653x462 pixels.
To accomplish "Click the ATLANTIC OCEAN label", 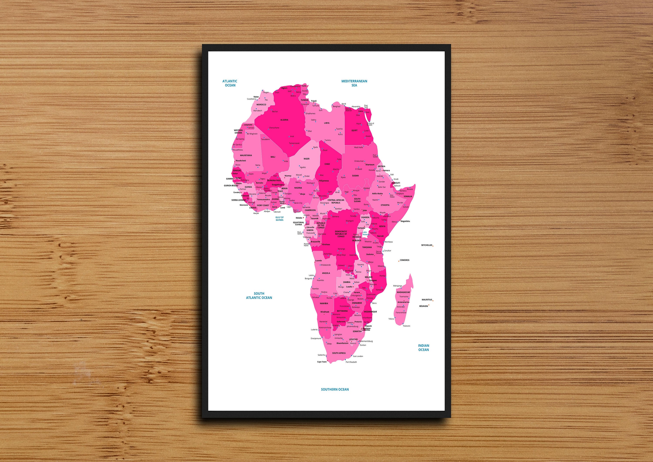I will tap(230, 83).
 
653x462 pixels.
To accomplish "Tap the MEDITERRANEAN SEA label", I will tap(354, 83).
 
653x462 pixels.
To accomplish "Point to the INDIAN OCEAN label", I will tap(424, 348).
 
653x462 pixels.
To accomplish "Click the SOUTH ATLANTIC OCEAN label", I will tap(259, 295).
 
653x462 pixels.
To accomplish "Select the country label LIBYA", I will tap(326, 123).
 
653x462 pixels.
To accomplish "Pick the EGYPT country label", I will tap(354, 130).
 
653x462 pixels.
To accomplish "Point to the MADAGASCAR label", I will tap(403, 292).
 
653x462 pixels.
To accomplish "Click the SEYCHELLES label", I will tap(427, 245).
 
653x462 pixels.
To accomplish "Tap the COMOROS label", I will tap(404, 260).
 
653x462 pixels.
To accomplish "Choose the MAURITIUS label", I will tap(427, 300).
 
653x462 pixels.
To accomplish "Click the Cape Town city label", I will tap(322, 362).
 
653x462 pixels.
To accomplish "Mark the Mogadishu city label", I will tap(405, 221).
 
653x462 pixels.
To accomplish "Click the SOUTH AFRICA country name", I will tap(339, 353).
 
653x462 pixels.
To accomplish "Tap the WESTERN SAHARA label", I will tap(238, 132).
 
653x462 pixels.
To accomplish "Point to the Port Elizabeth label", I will tap(351, 362).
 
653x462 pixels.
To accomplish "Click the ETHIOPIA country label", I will tap(385, 205).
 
